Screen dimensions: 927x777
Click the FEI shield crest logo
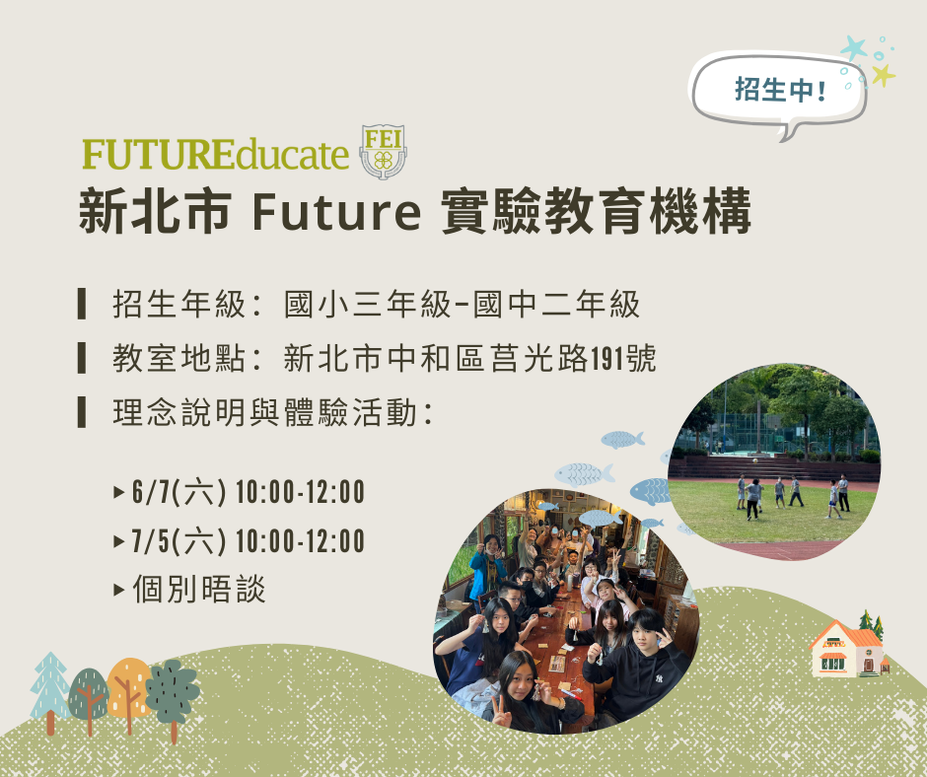coord(383,152)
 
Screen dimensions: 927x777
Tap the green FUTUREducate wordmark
coord(216,154)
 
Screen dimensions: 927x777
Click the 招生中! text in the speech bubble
coord(780,90)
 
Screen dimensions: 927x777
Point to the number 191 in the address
coord(608,358)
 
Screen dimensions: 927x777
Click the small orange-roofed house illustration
coord(846,649)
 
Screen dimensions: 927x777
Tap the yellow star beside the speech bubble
coord(883,75)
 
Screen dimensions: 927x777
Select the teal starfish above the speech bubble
coord(854,48)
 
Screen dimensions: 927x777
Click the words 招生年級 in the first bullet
coord(179,305)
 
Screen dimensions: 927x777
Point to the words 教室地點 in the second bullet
coord(179,358)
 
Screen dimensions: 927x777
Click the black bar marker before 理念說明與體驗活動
coord(82,412)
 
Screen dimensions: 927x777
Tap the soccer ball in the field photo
coord(755,460)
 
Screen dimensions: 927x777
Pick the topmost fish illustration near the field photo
coord(622,440)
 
